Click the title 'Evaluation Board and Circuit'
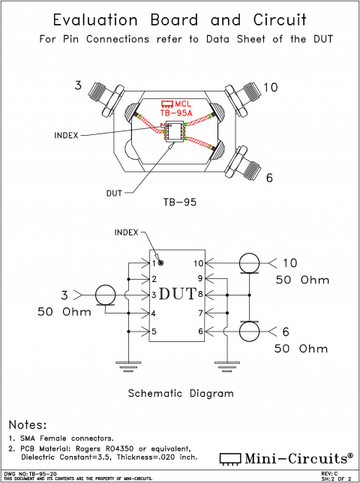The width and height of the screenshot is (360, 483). [180, 19]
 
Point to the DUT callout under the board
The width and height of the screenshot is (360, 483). [115, 192]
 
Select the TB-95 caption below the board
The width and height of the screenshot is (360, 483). [179, 202]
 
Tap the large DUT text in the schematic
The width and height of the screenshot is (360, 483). [180, 293]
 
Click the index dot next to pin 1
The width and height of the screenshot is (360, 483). [160, 263]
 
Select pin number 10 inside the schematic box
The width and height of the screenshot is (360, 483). [198, 263]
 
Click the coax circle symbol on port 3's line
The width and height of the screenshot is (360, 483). [106, 294]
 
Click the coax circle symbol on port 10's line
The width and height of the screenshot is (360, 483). [249, 262]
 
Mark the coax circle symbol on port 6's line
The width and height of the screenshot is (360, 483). [249, 331]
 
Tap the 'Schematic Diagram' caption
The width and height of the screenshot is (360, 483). [180, 393]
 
